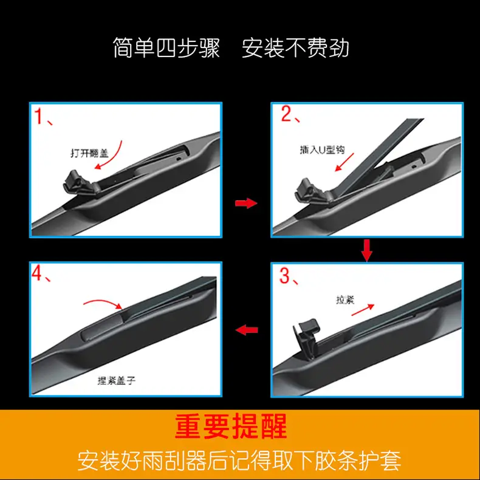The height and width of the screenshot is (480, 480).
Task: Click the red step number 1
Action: pos(39,116)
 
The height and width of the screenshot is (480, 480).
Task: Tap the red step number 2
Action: pos(287,114)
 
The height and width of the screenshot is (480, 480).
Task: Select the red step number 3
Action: pos(285,275)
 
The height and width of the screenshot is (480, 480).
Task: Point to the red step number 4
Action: pos(37,272)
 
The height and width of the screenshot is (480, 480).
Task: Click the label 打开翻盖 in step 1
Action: pos(89,153)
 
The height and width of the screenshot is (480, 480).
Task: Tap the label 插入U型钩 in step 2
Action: pos(323,149)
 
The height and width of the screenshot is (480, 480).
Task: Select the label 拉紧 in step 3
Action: pos(345,300)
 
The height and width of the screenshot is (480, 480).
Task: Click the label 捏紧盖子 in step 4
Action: pos(116,380)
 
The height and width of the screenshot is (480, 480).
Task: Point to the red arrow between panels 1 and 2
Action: pos(246,203)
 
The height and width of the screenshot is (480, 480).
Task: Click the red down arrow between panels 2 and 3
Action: pos(367,250)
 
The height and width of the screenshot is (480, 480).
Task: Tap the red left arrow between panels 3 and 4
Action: pos(247,330)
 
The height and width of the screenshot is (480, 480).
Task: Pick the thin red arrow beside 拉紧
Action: pos(363,310)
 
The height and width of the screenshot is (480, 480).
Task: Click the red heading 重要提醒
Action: pos(231,426)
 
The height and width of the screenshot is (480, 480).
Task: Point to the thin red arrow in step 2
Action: pos(345,162)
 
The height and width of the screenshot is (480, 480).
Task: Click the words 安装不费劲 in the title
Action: pos(295,48)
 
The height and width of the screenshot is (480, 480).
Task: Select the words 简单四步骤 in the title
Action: pos(166,48)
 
